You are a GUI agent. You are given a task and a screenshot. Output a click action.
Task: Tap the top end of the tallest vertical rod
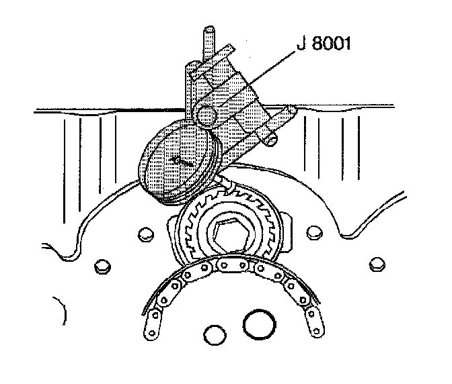tap(209, 30)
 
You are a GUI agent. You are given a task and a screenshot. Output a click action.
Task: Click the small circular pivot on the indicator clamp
tap(206, 113)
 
